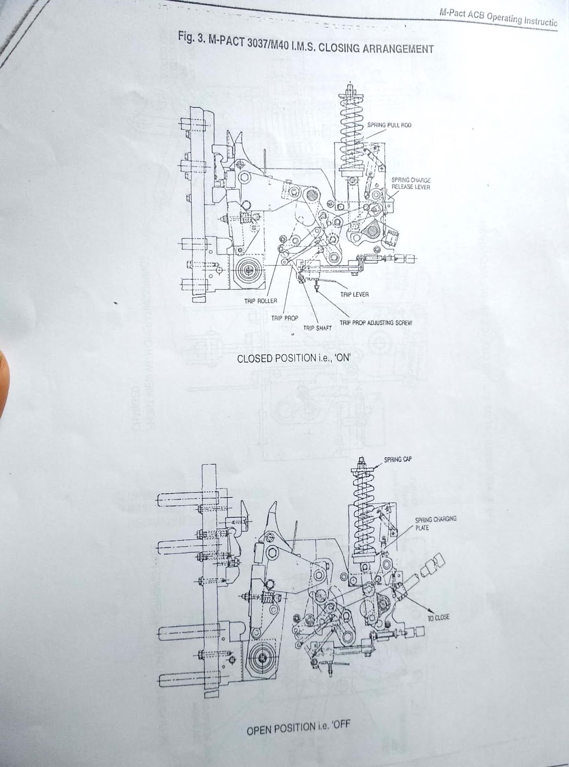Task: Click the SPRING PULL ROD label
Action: pos(389,125)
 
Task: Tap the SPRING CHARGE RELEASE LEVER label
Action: pos(410,184)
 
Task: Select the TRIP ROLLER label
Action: pos(261,301)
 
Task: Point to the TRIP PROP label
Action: pos(285,318)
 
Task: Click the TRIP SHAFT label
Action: pos(317,328)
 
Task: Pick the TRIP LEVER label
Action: pos(354,294)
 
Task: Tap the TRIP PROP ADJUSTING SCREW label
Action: pos(376,323)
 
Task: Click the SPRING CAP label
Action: pos(398,459)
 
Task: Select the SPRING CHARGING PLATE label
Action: pos(435,523)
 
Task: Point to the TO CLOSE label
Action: pos(439,617)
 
